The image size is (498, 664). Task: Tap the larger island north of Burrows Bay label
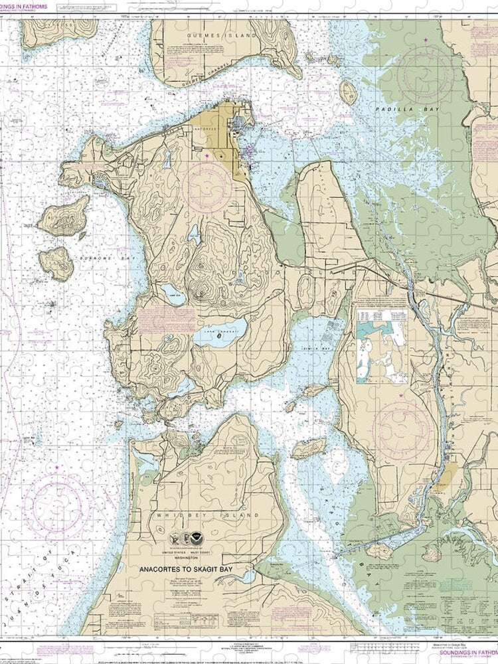[x=63, y=216]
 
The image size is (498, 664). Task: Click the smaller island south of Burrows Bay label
[x=56, y=262]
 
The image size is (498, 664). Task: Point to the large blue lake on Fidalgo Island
[x=219, y=333]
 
